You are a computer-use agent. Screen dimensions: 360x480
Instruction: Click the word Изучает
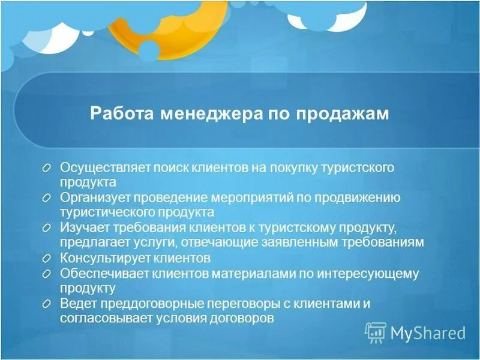[x=81, y=228]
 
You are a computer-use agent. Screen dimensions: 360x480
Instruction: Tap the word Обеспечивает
[x=98, y=274]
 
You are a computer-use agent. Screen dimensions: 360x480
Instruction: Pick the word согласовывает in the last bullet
[x=98, y=319]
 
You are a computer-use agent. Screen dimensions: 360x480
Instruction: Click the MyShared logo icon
[x=376, y=331]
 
